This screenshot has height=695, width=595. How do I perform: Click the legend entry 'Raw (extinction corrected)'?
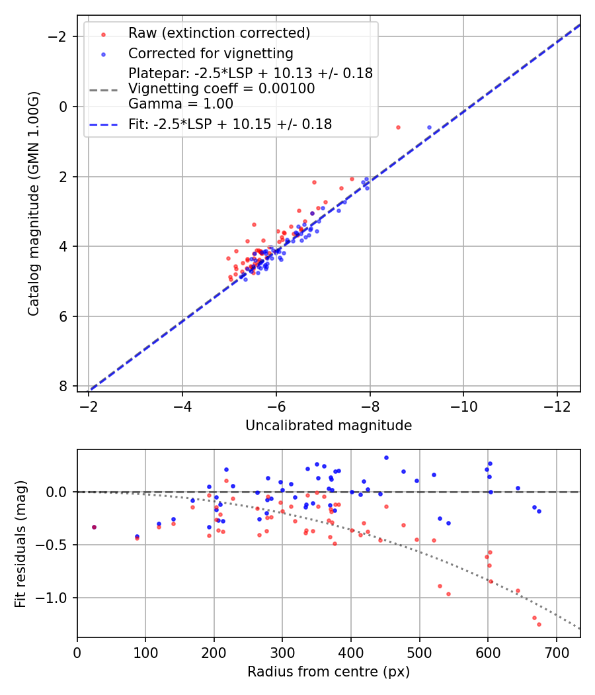pyautogui.click(x=219, y=33)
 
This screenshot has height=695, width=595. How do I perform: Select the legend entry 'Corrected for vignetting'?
pyautogui.click(x=211, y=53)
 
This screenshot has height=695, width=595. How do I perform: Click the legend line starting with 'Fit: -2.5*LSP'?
pyautogui.click(x=230, y=124)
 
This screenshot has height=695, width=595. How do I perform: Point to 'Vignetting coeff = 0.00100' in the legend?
pyautogui.click(x=221, y=88)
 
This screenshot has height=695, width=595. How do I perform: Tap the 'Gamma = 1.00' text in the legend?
pyautogui.click(x=180, y=104)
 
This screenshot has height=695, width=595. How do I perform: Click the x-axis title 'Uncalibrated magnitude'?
pyautogui.click(x=329, y=426)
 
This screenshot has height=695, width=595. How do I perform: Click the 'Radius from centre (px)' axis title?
pyautogui.click(x=329, y=672)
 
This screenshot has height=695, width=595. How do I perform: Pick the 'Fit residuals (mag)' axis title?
pyautogui.click(x=20, y=543)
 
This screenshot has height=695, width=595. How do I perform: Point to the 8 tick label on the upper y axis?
pyautogui.click(x=63, y=386)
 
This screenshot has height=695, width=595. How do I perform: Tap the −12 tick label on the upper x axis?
pyautogui.click(x=557, y=407)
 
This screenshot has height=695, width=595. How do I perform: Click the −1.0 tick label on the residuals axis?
pyautogui.click(x=56, y=598)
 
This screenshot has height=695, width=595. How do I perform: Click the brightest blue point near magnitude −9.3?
pyautogui.click(x=429, y=127)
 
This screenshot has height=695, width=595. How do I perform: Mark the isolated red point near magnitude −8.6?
pyautogui.click(x=398, y=127)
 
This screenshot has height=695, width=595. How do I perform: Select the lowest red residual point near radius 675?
pyautogui.click(x=539, y=624)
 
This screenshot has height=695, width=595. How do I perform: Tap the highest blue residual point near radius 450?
pyautogui.click(x=386, y=457)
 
